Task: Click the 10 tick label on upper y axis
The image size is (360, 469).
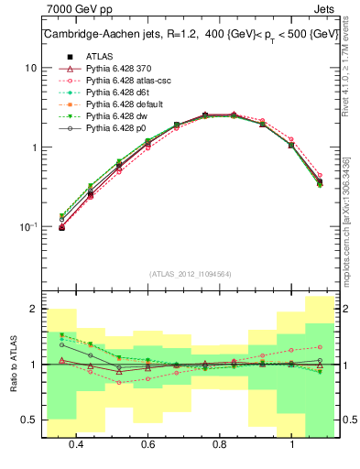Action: pos(30,69)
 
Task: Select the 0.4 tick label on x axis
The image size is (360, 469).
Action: pos(76,444)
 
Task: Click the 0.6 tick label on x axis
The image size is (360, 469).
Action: pos(147,444)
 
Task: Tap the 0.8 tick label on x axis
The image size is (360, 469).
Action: pos(220,444)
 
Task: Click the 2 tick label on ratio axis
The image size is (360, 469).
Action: pos(33,310)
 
